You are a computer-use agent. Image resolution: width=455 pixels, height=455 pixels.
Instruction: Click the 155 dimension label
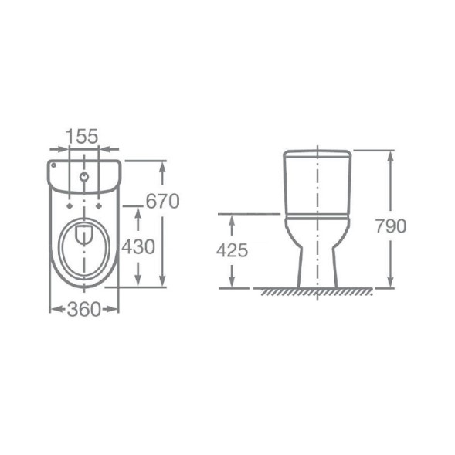pos(83,137)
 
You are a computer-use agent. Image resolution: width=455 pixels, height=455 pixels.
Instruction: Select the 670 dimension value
pos(162,201)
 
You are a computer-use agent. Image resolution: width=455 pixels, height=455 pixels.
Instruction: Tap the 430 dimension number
pos(138,247)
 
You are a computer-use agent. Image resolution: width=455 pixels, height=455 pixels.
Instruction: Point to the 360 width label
pos(84,309)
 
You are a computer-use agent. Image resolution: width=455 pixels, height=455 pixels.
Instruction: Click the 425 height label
pos(233,250)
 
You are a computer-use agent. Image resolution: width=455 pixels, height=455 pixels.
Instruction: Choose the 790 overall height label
pos(391,226)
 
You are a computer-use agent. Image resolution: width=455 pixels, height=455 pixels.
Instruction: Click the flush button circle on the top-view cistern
pos(84,176)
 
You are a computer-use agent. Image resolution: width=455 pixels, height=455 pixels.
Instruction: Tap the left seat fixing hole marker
pos(70,206)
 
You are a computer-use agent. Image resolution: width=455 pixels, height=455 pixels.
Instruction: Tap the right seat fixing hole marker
pos(99,206)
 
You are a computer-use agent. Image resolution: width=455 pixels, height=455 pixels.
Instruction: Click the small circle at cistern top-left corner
pos(53,165)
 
